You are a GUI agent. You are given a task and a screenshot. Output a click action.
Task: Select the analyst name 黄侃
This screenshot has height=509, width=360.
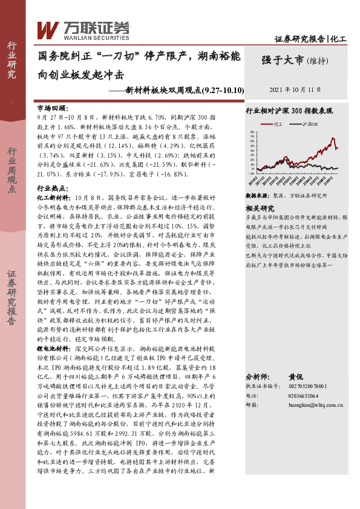click(x=295, y=375)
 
